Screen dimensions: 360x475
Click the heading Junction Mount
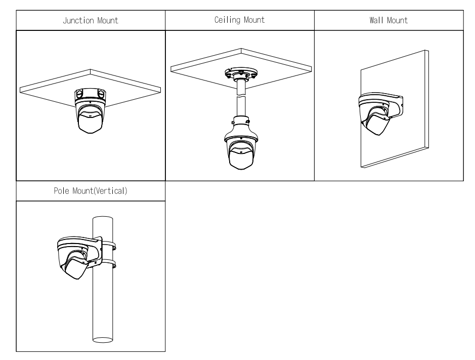pyautogui.click(x=91, y=21)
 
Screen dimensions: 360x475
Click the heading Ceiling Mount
pyautogui.click(x=240, y=20)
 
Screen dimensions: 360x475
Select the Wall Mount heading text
pyautogui.click(x=388, y=21)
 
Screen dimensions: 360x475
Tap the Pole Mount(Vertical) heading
pyautogui.click(x=91, y=192)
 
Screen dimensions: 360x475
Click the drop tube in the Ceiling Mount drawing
pyautogui.click(x=241, y=101)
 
